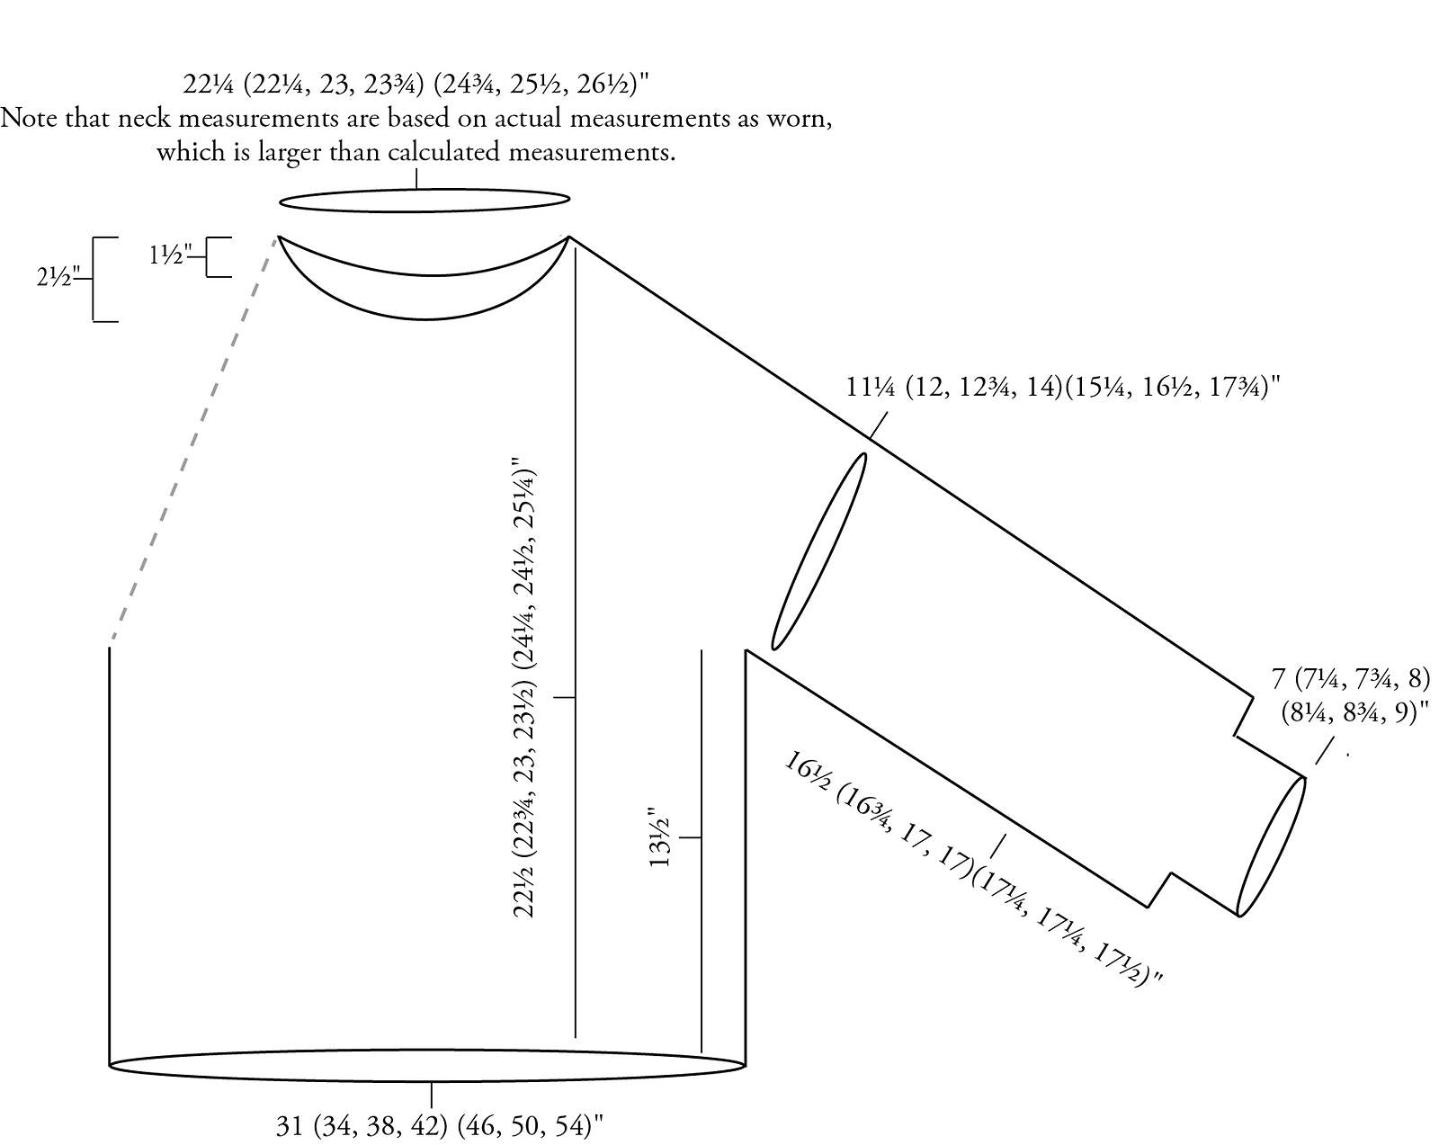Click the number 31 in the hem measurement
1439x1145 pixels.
(290, 1126)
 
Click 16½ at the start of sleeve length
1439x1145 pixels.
(808, 776)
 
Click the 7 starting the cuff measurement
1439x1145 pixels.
(1278, 679)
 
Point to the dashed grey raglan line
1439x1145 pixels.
(193, 443)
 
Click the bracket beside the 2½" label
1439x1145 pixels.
(93, 280)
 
